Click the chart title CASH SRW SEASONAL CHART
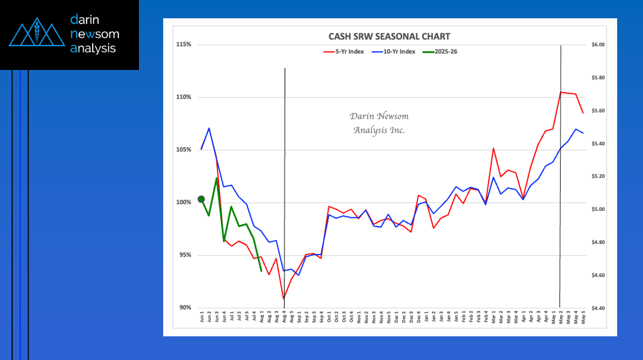[x=389, y=37]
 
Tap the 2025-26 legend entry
[x=441, y=52]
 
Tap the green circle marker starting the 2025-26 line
[x=201, y=199]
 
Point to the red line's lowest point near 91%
[x=283, y=299]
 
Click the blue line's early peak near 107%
[x=209, y=128]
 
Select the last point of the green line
[x=261, y=271]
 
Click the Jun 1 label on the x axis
[x=202, y=317]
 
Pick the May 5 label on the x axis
[x=583, y=317]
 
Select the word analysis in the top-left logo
[x=93, y=48]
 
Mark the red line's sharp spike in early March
[x=493, y=148]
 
